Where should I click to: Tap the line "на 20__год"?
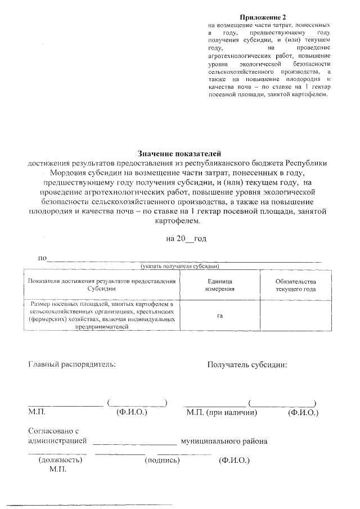click(186, 239)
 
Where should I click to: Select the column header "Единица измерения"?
click(219, 285)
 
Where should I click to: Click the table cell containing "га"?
click(219, 316)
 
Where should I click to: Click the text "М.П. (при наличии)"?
click(222, 413)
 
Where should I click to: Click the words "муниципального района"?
click(223, 441)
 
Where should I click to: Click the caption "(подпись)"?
click(162, 460)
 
